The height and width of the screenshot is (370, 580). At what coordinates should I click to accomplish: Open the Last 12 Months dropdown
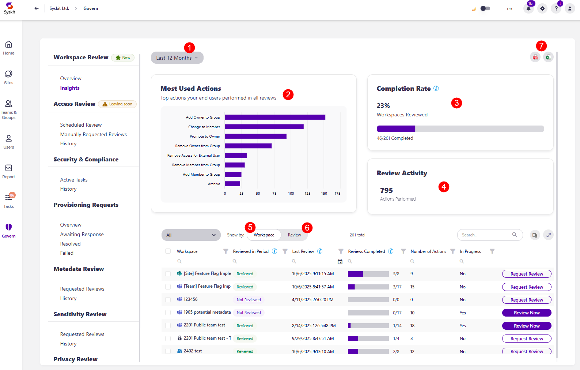177,58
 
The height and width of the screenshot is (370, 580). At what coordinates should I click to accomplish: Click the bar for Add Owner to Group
275,117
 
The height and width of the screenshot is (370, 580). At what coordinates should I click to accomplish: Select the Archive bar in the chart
232,184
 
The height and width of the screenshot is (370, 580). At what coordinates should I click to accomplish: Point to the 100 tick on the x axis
291,193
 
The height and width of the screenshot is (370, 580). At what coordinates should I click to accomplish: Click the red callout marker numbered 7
541,46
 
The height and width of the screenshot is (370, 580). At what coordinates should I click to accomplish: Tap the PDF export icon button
535,57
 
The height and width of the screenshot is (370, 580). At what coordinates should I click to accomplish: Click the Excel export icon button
548,57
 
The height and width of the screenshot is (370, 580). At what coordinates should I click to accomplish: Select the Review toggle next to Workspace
294,235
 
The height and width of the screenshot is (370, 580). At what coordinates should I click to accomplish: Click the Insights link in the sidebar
70,88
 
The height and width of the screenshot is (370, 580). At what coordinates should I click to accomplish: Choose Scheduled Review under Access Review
81,125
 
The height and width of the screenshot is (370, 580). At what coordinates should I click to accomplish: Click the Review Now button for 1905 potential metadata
527,313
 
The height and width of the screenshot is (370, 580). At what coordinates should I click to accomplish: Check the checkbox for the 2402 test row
168,351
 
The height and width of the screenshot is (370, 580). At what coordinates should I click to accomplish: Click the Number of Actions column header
428,251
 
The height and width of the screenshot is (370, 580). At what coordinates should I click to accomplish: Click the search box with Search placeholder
486,235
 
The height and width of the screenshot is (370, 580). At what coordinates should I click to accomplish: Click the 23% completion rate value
383,106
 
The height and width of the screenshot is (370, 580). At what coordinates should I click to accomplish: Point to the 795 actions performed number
386,190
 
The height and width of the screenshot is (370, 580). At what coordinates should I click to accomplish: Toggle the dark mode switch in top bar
485,8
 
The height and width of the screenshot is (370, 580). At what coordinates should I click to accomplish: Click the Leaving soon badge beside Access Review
117,104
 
